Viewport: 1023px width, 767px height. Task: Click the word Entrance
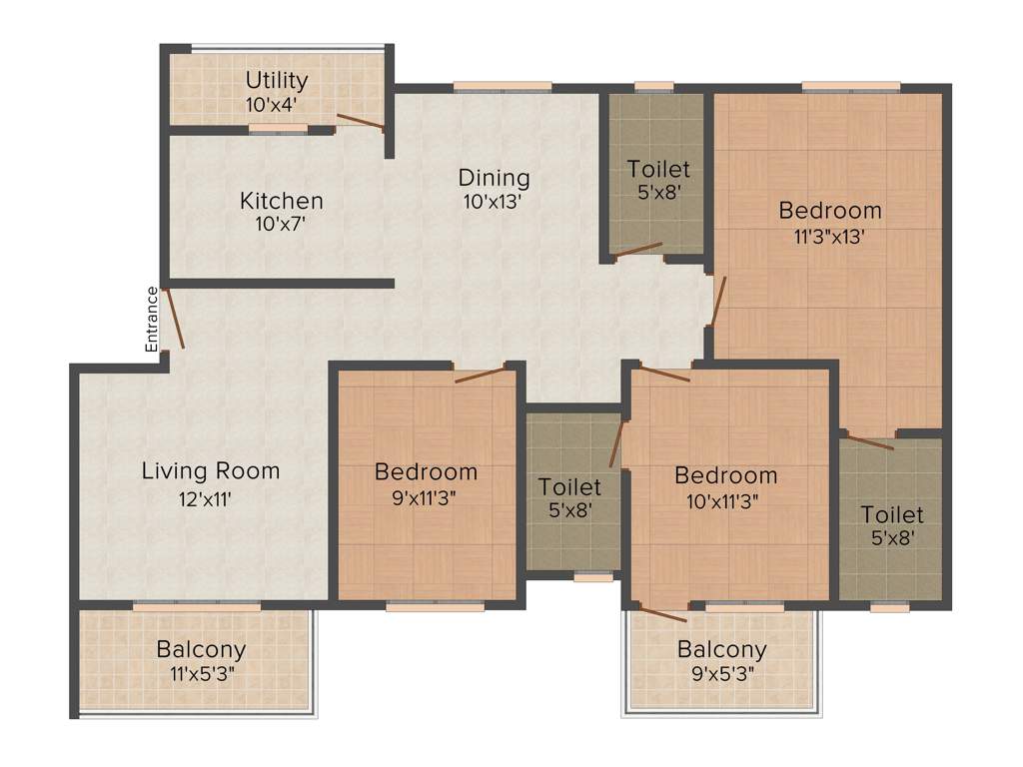(152, 320)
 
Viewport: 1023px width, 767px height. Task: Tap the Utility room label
(277, 81)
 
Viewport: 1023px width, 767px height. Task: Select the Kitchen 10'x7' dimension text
(281, 225)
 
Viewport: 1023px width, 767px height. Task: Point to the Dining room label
(494, 178)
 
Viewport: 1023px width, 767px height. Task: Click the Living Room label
(210, 470)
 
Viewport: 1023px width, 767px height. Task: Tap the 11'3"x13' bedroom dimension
(830, 238)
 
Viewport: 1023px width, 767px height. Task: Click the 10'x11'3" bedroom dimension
(725, 501)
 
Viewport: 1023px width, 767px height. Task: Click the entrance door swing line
(174, 318)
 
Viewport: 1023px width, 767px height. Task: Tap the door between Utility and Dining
(360, 123)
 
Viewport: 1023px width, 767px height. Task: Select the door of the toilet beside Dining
(637, 250)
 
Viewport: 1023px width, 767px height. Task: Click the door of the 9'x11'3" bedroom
(481, 376)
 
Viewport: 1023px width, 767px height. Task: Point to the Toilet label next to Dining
(658, 169)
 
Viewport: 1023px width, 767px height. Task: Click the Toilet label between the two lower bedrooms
(569, 487)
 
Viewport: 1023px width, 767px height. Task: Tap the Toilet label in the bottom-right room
(892, 515)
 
